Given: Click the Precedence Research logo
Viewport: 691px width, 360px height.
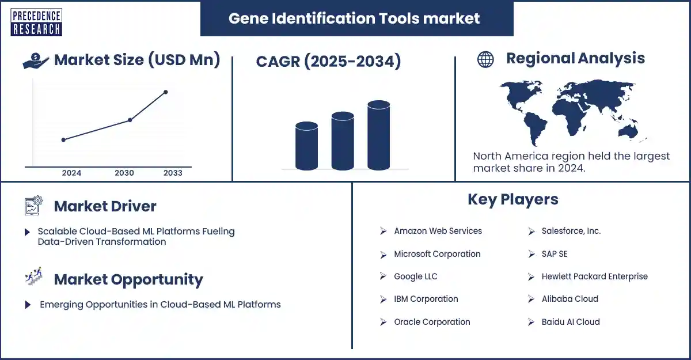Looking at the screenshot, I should point(36,22).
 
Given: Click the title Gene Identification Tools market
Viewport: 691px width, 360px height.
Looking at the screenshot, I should point(354,18).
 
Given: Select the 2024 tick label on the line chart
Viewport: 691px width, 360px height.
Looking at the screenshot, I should point(71,173).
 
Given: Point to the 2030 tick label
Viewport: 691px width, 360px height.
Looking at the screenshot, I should point(124,173).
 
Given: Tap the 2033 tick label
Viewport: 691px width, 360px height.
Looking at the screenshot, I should point(173,173).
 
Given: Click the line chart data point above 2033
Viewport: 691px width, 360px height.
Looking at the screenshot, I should point(166,92).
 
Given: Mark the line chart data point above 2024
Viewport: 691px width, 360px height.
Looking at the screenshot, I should point(63,139).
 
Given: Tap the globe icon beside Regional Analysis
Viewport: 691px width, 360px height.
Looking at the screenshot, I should point(485,59).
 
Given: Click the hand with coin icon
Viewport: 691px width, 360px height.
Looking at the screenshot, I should point(36,61).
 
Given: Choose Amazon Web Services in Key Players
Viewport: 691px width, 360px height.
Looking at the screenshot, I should point(438,231).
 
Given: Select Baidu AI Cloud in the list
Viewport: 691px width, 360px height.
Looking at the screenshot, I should point(570,322).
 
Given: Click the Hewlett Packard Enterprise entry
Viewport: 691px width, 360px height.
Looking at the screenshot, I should point(594,276).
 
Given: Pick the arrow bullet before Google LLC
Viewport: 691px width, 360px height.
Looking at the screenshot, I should point(383,276).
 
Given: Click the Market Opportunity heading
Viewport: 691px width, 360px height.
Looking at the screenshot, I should point(128,280).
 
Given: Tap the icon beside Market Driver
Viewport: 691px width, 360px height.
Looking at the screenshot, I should point(34,206).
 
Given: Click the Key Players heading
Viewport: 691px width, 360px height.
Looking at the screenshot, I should point(512,199).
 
